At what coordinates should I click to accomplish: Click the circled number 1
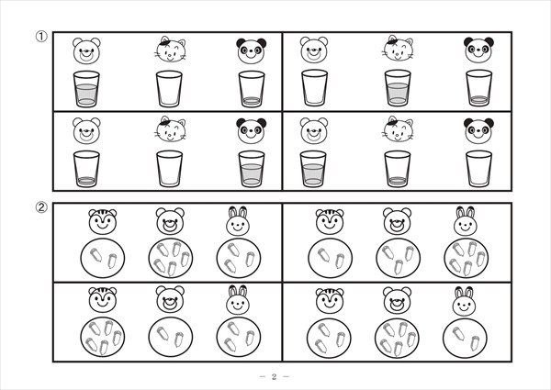click(x=41, y=37)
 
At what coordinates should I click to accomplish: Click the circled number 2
click(x=41, y=207)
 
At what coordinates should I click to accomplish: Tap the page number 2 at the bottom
click(x=274, y=376)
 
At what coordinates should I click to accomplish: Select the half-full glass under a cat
click(x=398, y=88)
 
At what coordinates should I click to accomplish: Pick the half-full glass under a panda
click(x=252, y=169)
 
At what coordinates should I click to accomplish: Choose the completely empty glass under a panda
click(x=479, y=169)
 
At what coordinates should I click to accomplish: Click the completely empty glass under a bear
click(x=314, y=88)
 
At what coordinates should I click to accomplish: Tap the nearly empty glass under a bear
click(x=86, y=169)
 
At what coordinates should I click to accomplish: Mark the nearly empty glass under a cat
click(x=398, y=169)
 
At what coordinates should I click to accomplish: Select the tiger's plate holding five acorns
click(x=103, y=337)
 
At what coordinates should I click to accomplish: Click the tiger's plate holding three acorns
click(x=330, y=337)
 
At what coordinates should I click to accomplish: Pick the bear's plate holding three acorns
click(x=399, y=259)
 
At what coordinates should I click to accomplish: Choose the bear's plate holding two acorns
click(x=171, y=337)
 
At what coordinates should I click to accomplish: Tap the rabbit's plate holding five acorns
click(x=467, y=259)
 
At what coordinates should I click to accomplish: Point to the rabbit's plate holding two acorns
click(x=465, y=337)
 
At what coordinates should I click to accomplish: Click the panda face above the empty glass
click(x=478, y=131)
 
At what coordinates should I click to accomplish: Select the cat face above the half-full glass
click(x=398, y=48)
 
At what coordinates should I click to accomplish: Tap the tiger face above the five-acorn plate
click(x=103, y=300)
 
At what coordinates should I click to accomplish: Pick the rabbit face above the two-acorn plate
click(x=464, y=301)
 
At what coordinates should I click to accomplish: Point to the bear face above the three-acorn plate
click(x=397, y=221)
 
